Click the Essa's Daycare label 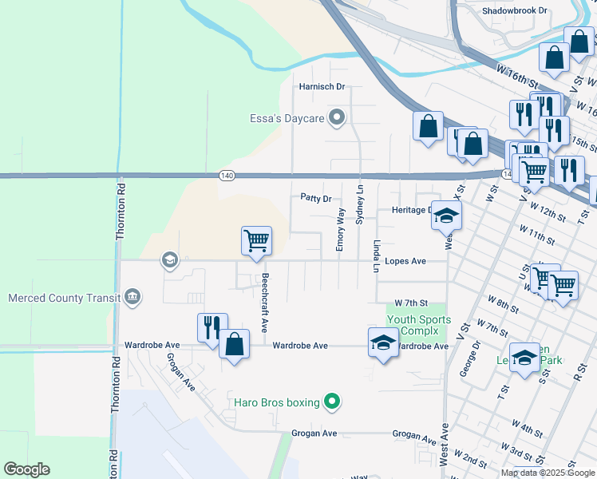(x=284, y=119)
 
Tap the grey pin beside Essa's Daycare (x=337, y=119)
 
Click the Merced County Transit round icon (x=132, y=299)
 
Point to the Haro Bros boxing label (x=276, y=402)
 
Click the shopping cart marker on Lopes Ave (x=256, y=240)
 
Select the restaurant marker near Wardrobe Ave (x=212, y=327)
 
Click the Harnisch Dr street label (x=321, y=86)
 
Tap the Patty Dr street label (x=315, y=198)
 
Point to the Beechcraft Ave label (x=263, y=293)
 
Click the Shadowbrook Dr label (x=515, y=11)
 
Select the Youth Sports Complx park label (x=419, y=325)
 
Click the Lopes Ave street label (x=405, y=261)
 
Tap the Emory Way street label (x=340, y=230)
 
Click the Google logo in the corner (x=26, y=469)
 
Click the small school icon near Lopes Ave (x=168, y=259)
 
